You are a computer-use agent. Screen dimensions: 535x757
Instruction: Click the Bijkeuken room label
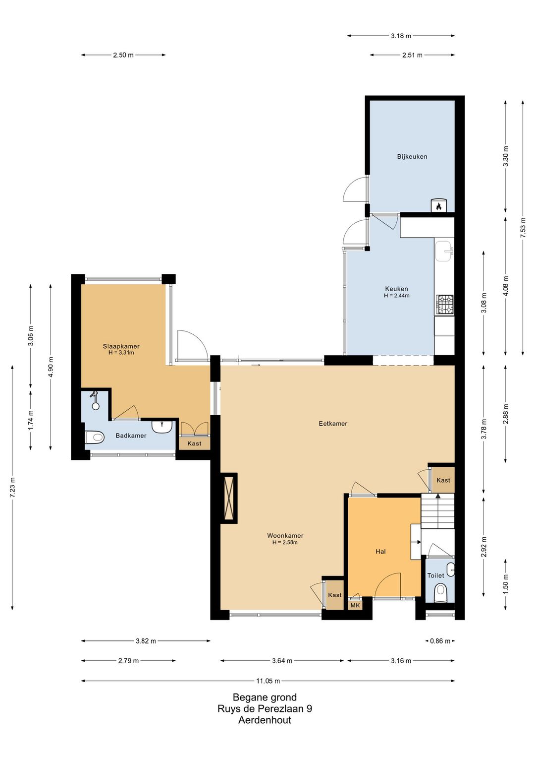(412, 156)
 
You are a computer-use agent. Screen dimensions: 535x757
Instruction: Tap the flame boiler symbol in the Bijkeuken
(438, 205)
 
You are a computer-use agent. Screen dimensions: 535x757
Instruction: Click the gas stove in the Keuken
(444, 305)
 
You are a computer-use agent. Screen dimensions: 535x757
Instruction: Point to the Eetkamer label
(333, 424)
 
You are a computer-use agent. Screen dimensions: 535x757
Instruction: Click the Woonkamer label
(285, 535)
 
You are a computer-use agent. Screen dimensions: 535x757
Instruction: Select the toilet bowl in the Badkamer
(94, 438)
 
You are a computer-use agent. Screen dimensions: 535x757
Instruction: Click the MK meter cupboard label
(355, 605)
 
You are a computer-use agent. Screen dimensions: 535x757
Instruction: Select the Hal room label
(381, 552)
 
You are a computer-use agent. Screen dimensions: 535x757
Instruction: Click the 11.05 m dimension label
(268, 681)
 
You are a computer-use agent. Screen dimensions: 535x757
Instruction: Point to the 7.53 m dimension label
(523, 228)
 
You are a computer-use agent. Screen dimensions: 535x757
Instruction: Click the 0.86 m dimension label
(440, 641)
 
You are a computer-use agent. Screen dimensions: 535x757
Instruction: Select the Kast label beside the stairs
(443, 480)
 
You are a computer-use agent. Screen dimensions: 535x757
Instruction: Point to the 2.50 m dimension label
(123, 55)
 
